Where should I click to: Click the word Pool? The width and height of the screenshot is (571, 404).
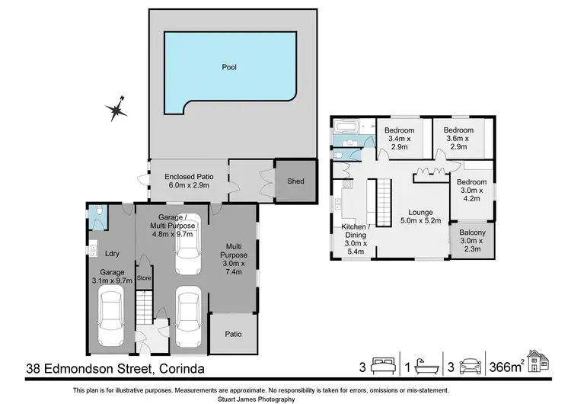coord(228,67)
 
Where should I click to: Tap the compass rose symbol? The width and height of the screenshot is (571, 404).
coord(117,109)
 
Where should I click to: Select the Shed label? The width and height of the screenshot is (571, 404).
coord(295,181)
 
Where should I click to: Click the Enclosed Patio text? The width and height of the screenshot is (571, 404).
coord(189,177)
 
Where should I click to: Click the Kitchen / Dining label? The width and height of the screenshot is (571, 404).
coord(356,228)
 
